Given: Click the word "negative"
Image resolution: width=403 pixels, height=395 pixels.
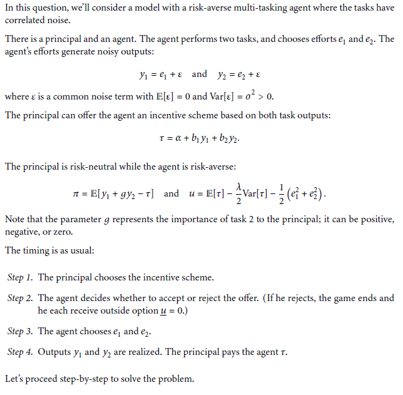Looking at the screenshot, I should (x=23, y=233).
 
